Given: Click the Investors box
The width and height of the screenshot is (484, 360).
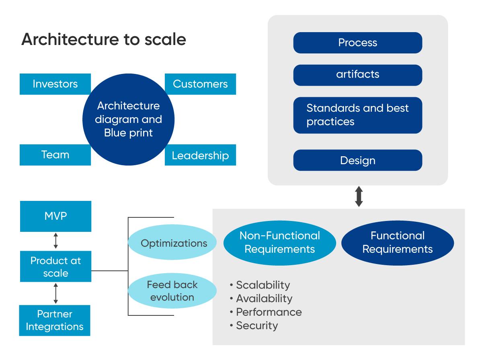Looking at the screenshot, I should coord(55,84).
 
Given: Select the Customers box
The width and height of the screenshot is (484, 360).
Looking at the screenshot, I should coord(200,84).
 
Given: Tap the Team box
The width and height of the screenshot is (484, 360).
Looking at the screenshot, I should coord(55,155).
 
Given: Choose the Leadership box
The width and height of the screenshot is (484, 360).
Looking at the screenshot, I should coord(200,155).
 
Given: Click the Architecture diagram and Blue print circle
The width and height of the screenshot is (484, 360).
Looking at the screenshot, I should coord(128,119).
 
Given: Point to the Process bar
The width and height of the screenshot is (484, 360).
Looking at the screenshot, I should coord(357,43).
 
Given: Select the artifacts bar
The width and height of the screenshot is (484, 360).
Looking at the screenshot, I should coord(357,75).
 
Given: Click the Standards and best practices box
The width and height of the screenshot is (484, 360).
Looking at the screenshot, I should coord(357,115).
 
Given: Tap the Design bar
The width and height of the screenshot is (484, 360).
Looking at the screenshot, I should coord(357,160).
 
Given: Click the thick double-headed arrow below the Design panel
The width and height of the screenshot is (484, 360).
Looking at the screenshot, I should coord(359,196).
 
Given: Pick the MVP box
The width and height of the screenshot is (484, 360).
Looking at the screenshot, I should coord(55,216).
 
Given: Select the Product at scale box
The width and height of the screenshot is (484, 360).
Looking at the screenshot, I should coord(55,266).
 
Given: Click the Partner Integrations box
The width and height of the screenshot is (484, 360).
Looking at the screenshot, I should coord(55,320).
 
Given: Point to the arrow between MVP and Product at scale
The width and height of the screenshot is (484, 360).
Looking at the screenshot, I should coord(56,241).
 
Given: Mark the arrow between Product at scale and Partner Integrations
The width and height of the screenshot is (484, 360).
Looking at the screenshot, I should coord(56,293).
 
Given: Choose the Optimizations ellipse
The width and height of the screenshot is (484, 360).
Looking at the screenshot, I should coord(173,243).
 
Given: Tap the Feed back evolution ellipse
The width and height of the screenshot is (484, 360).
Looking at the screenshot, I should coord(172,291).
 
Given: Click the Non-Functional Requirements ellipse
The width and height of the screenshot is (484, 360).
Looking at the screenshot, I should coord(279,242).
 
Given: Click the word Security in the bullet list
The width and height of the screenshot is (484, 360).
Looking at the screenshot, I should coord(256,325).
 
